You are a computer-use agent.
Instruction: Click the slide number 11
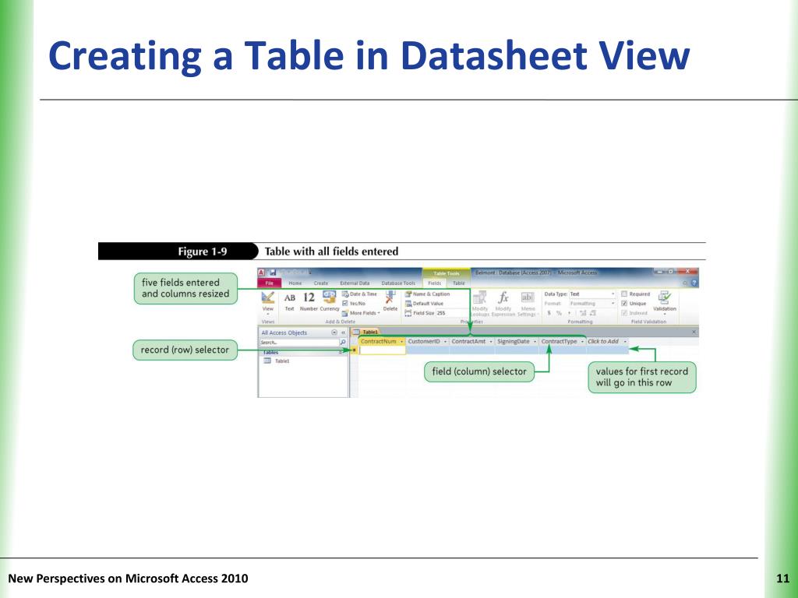coord(782,578)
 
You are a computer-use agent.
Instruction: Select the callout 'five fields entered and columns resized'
coord(180,288)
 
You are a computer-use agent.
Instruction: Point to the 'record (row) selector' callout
coord(185,350)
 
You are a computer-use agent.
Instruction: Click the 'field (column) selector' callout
coord(479,372)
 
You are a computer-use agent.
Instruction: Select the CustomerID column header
coord(425,341)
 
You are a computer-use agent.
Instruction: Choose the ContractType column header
coord(559,341)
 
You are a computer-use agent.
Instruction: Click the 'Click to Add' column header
coord(603,341)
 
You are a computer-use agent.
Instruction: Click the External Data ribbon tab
coord(355,283)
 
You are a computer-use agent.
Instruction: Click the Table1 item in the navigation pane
coord(281,361)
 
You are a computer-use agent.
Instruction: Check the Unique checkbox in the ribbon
coord(623,304)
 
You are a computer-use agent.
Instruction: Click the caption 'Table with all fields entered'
coord(331,252)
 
